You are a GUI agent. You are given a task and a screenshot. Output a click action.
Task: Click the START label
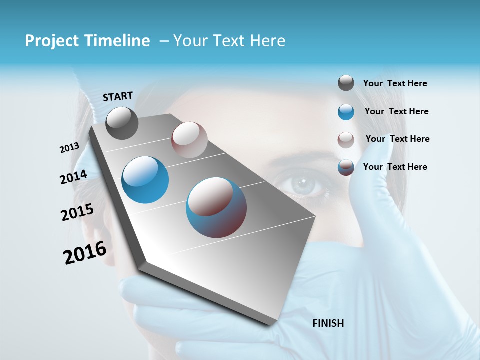point(118,96)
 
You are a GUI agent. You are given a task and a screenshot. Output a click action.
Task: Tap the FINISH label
point(328,323)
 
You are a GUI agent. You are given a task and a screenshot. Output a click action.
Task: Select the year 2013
point(70,148)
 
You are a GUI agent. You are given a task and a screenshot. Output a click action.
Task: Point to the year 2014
point(73,177)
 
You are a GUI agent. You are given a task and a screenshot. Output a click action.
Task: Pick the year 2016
point(85,253)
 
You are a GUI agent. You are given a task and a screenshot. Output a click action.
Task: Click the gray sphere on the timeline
point(122,123)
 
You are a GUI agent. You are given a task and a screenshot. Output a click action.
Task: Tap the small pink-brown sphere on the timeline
point(189,140)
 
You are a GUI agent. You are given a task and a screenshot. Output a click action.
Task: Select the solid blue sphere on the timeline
point(145,180)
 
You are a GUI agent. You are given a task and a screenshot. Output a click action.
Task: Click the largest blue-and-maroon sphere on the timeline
point(216,207)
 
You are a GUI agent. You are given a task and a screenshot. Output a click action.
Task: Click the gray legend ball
point(346,83)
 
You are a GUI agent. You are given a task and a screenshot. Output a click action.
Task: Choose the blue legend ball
point(346,112)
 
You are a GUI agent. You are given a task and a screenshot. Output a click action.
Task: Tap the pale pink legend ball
point(346,140)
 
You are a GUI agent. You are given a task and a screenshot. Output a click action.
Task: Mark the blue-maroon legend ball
point(346,167)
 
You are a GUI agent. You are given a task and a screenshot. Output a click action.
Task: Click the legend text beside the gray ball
point(395,83)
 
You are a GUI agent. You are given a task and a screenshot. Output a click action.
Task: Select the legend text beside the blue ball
point(396,111)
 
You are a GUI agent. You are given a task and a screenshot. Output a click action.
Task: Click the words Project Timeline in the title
point(87,41)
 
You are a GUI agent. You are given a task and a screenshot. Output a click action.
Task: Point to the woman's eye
point(301,185)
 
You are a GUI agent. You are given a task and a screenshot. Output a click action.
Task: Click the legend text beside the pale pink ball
point(397,139)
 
